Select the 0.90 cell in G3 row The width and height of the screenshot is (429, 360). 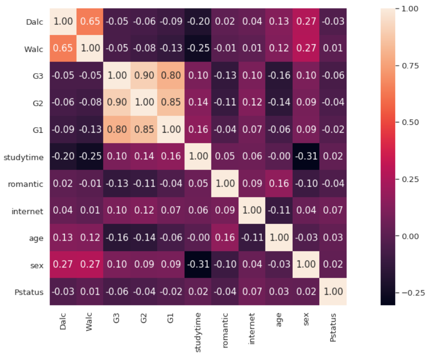pos(144,76)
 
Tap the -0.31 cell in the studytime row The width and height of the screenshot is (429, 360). pos(306,157)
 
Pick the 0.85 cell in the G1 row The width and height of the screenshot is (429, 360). pos(144,130)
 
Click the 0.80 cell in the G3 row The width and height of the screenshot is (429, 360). pos(171,76)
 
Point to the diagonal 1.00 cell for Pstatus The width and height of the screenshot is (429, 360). pos(333,292)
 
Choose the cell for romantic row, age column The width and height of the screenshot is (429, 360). pos(279,184)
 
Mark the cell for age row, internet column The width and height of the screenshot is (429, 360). pos(252,238)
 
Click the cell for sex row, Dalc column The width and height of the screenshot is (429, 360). pos(63,265)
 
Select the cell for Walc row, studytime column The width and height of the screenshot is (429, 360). pos(198,48)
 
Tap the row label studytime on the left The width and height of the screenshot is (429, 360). pos(23,157)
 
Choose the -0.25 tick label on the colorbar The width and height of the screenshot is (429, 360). pos(412,293)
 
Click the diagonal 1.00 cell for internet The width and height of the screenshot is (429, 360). pos(252,211)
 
